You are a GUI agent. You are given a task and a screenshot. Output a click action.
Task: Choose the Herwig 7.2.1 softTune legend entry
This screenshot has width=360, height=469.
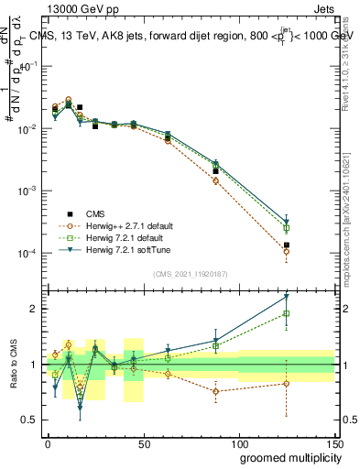tap(116, 248)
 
